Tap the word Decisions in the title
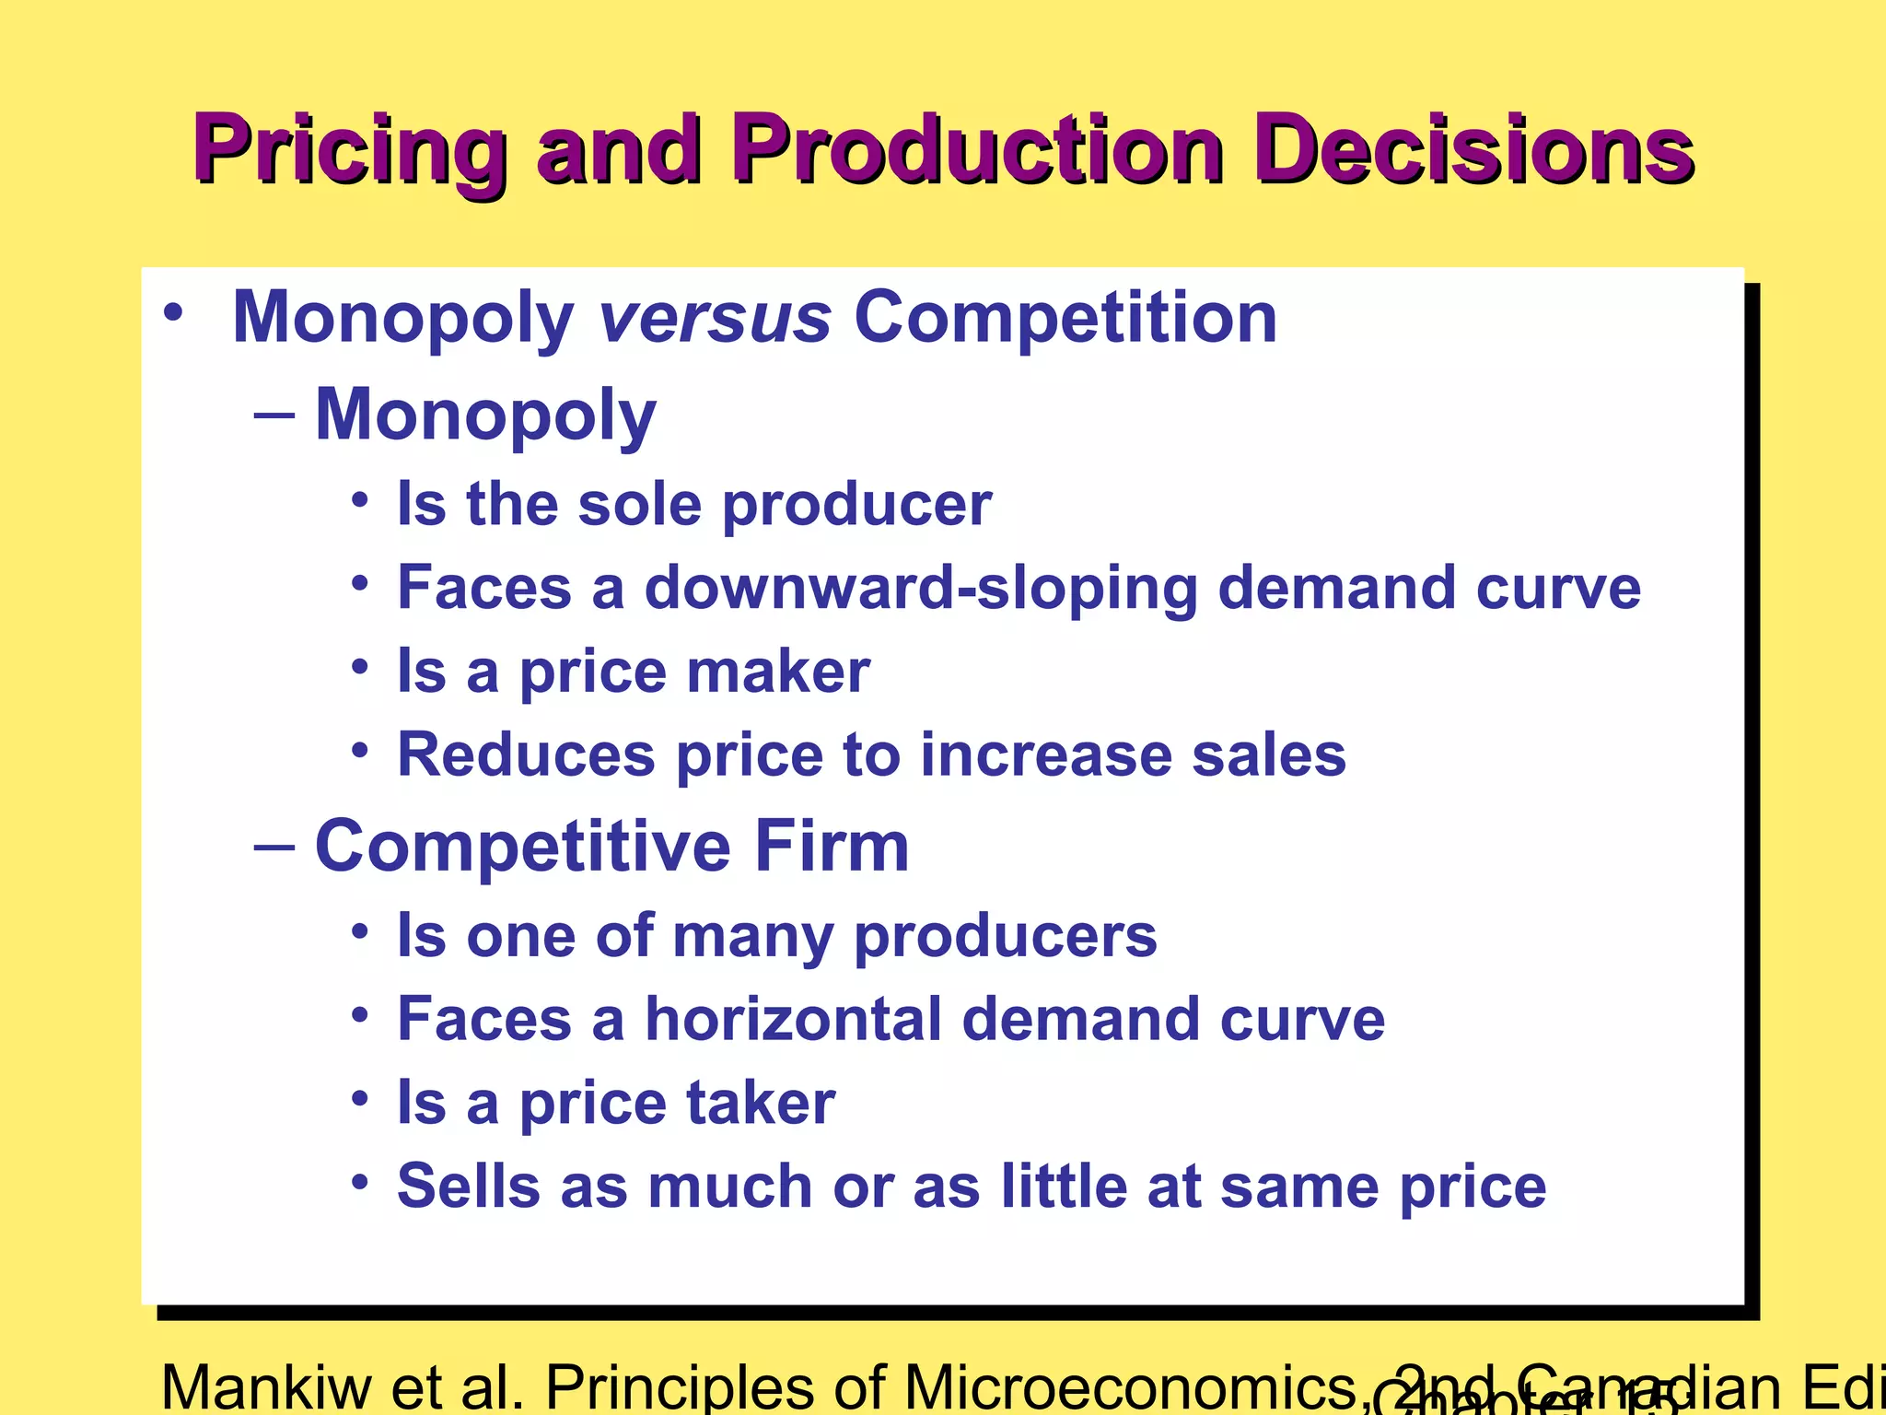(x=1473, y=149)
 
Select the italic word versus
(x=715, y=318)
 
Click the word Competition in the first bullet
(x=1065, y=318)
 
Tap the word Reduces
(x=526, y=755)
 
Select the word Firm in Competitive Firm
(x=832, y=846)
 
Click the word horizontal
(x=792, y=1020)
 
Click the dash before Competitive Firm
(x=274, y=846)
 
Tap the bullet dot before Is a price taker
(x=360, y=1099)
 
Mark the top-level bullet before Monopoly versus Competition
(x=172, y=312)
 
